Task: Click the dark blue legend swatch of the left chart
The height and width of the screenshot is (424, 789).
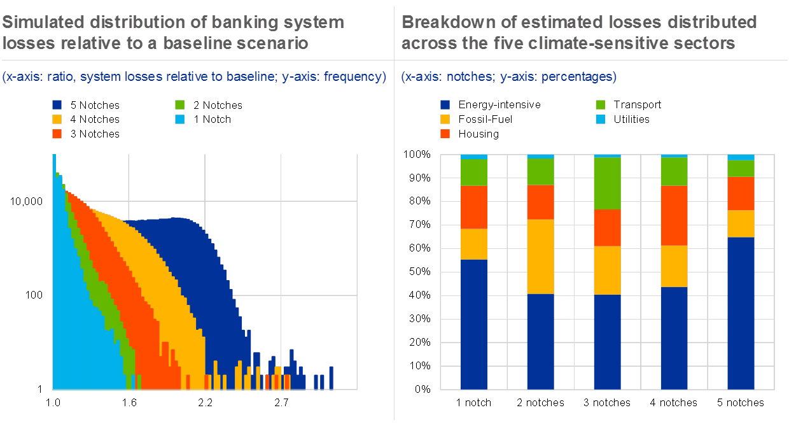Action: click(57, 104)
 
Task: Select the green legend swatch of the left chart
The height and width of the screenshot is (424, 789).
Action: click(180, 104)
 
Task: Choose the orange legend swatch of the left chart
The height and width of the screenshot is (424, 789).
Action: click(57, 134)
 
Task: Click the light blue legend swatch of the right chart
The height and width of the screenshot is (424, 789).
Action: click(600, 119)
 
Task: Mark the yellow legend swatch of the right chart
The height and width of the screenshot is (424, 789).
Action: click(445, 119)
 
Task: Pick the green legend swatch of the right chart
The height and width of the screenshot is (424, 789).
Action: click(600, 104)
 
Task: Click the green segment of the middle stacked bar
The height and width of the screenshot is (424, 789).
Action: click(607, 183)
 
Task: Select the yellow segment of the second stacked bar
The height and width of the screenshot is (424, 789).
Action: click(540, 257)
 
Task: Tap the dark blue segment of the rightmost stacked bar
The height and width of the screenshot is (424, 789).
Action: click(741, 313)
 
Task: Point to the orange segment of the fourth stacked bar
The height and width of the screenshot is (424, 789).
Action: click(674, 215)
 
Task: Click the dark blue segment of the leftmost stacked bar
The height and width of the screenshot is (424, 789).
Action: click(473, 324)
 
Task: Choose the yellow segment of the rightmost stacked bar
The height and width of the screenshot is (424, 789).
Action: click(741, 223)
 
